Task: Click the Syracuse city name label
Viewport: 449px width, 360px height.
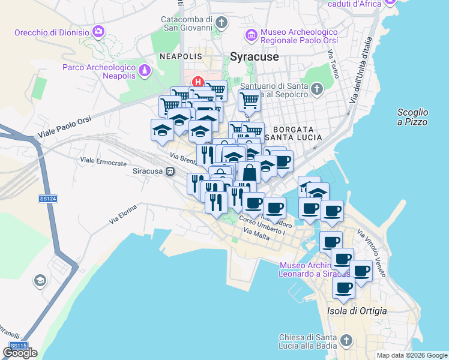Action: [x=255, y=56]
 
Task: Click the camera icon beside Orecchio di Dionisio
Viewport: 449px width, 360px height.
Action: [x=98, y=31]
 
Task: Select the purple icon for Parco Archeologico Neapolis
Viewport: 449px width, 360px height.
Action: [x=144, y=71]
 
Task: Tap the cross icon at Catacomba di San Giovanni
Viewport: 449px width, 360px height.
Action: [x=221, y=23]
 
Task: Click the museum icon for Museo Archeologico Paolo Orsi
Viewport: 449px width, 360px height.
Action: [x=251, y=35]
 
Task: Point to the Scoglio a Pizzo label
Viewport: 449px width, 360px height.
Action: [x=412, y=117]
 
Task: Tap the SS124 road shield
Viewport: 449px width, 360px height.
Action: [x=47, y=199]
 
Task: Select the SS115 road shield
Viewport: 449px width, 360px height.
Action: [x=18, y=346]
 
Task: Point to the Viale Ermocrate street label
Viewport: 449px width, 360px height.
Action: [x=103, y=163]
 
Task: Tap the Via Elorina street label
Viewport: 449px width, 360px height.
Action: [x=123, y=214]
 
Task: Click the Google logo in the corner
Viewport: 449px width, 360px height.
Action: [x=20, y=353]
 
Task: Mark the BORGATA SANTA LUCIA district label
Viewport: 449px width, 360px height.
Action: [x=294, y=133]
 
